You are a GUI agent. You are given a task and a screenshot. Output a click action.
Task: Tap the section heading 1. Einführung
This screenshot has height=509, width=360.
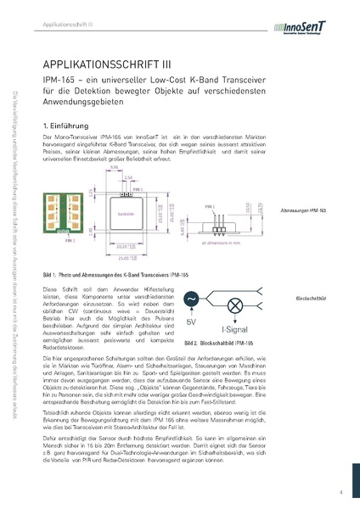point(65,125)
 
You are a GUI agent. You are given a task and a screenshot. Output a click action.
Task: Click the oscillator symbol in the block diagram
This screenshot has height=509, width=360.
point(191,299)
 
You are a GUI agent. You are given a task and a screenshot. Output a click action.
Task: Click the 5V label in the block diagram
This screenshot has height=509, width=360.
point(191,322)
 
